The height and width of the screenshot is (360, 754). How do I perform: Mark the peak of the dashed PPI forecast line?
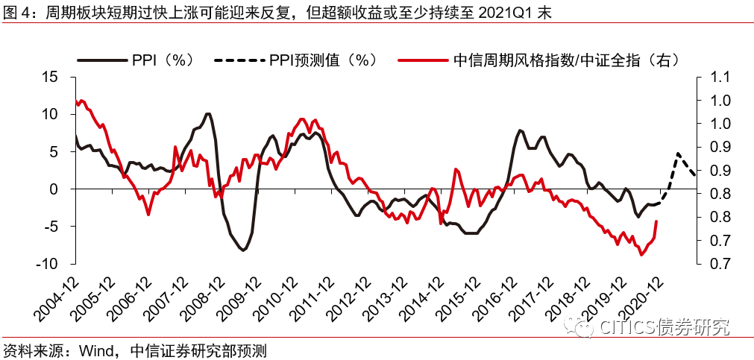click(678, 154)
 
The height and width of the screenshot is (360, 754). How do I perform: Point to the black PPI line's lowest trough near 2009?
click(243, 250)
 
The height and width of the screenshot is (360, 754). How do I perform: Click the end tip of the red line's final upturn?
click(656, 221)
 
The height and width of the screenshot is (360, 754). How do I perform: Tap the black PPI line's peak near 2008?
click(208, 113)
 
